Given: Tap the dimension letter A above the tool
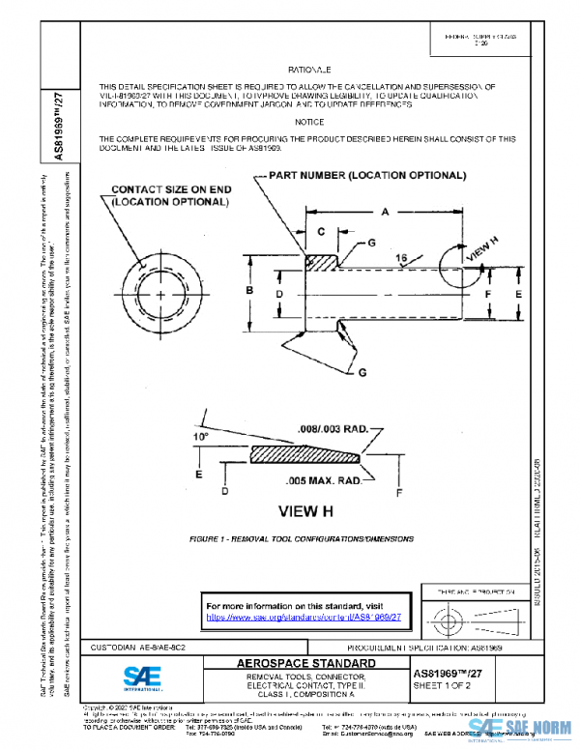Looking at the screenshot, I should pyautogui.click(x=385, y=211).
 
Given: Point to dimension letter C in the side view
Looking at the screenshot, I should pyautogui.click(x=322, y=232).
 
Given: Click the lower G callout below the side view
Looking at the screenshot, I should pyautogui.click(x=363, y=371).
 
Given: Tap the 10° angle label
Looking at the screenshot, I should pyautogui.click(x=203, y=437).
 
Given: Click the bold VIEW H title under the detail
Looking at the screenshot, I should pyautogui.click(x=307, y=509).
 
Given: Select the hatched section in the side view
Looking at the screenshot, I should pyautogui.click(x=322, y=262).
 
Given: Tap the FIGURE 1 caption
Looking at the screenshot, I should pyautogui.click(x=302, y=538).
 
